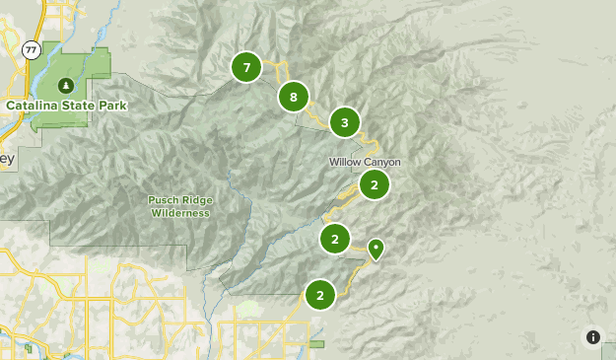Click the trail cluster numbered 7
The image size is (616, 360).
click(x=246, y=68)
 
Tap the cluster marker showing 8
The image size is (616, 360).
click(x=293, y=97)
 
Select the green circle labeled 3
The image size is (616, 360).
click(x=344, y=123)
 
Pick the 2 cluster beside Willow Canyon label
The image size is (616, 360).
click(x=375, y=184)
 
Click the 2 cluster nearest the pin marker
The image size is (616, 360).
click(x=335, y=239)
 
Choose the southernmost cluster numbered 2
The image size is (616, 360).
click(x=319, y=294)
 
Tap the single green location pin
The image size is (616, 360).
click(x=376, y=248)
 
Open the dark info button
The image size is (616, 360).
click(x=592, y=336)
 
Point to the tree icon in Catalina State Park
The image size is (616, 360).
click(x=66, y=85)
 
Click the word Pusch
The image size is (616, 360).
click(x=165, y=200)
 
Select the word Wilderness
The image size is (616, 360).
click(x=181, y=212)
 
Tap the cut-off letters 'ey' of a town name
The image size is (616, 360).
click(x=7, y=159)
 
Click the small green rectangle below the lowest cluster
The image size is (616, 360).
click(x=316, y=344)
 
